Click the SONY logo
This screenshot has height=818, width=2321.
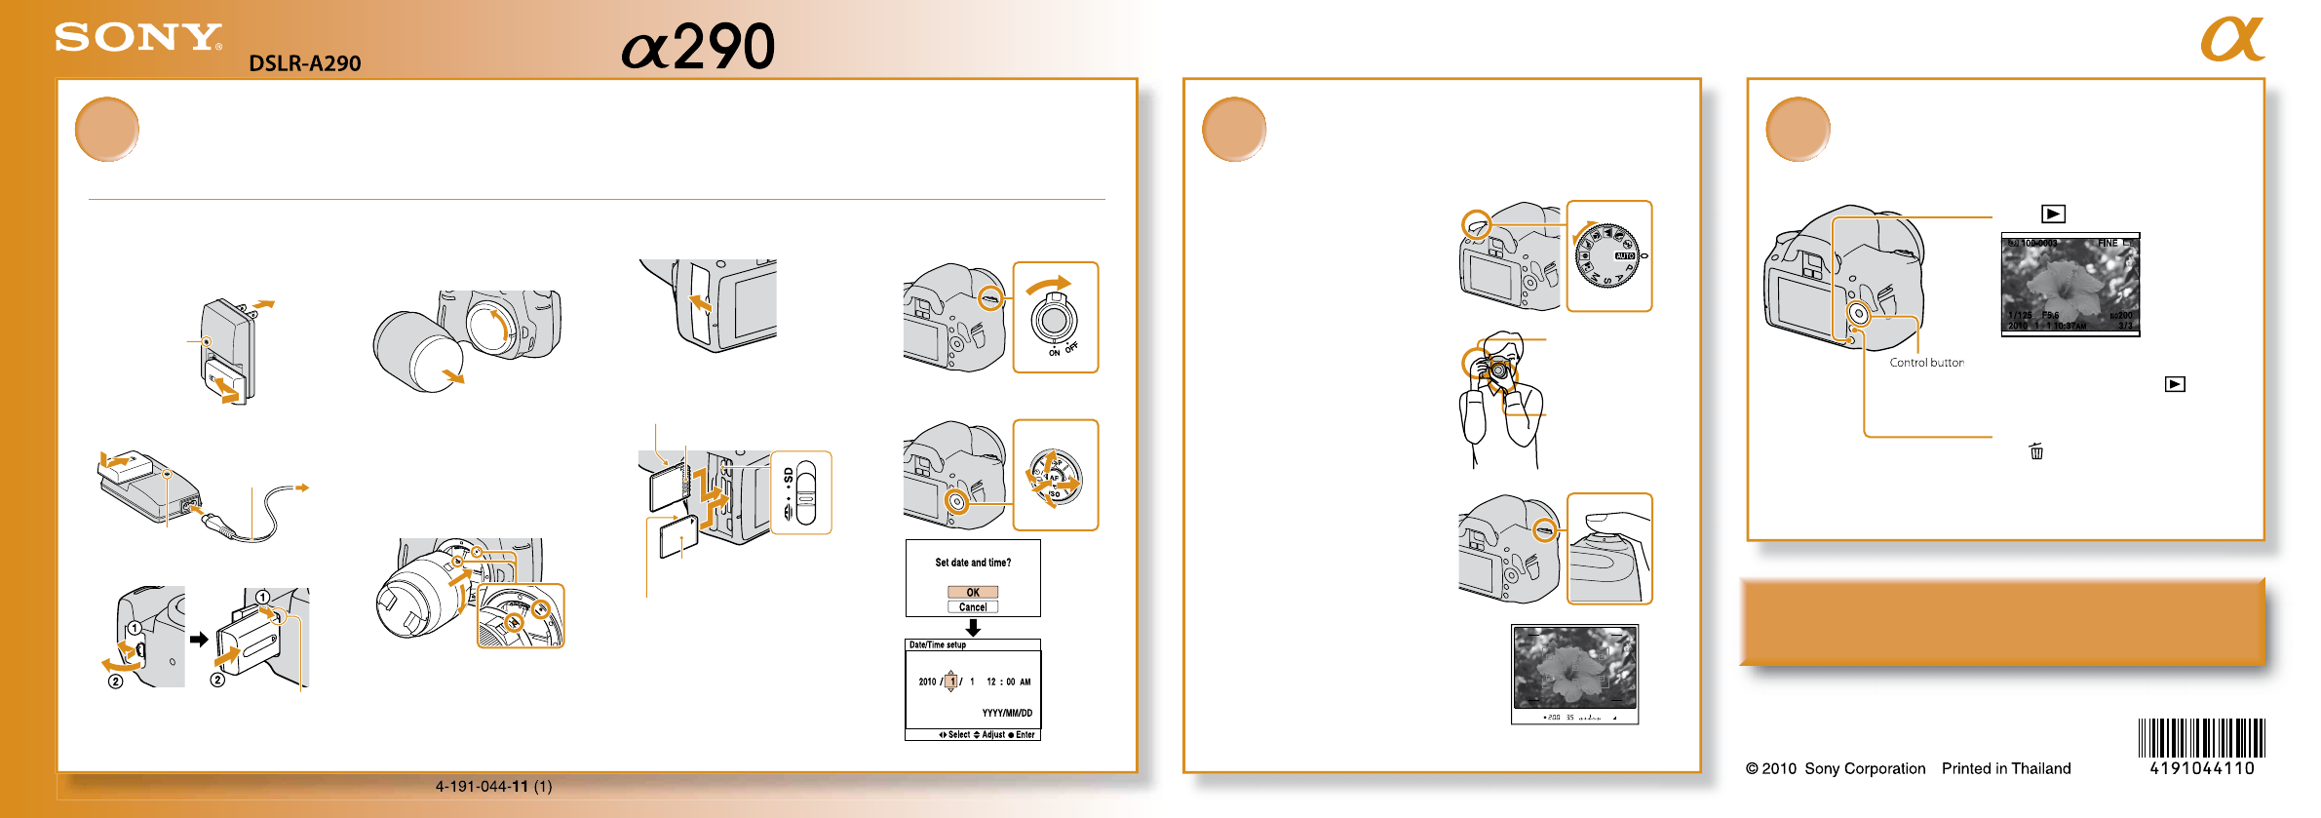(x=137, y=38)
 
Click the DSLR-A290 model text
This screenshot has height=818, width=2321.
(x=304, y=63)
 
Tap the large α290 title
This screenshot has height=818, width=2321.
(x=698, y=47)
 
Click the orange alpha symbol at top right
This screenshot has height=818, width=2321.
(x=2231, y=40)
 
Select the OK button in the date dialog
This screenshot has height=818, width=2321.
(x=972, y=592)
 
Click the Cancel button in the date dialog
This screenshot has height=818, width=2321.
(x=972, y=606)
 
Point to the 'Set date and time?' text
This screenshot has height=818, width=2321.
(x=973, y=563)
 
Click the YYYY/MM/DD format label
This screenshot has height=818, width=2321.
(x=1007, y=713)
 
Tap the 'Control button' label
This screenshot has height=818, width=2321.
(x=1926, y=363)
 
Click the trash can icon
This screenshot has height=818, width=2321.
(x=2036, y=451)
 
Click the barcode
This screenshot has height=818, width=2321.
(x=2201, y=738)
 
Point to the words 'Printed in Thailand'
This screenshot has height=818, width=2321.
(x=2005, y=768)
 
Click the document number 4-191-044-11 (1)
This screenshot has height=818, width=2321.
(x=493, y=786)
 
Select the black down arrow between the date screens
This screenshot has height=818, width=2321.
(x=973, y=628)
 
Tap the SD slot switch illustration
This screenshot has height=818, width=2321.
(x=801, y=492)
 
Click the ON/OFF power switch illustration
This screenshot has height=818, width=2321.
(x=1056, y=317)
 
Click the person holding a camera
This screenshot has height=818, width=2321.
(x=1502, y=400)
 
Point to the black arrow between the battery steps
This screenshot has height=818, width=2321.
(x=199, y=640)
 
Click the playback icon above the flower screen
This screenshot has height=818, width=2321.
(x=2053, y=214)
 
